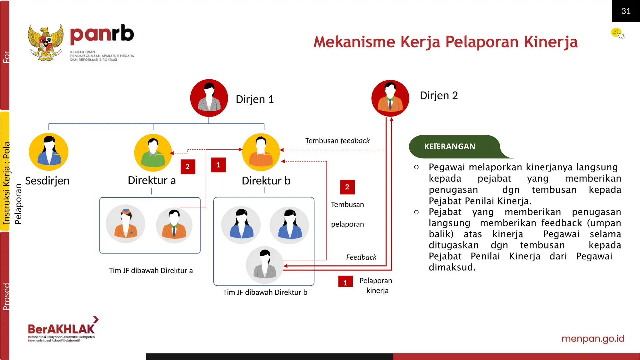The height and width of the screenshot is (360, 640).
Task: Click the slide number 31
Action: click(x=626, y=11)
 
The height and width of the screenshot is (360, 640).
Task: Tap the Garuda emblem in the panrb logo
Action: click(x=46, y=43)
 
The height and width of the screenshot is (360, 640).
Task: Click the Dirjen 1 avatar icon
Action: click(x=209, y=98)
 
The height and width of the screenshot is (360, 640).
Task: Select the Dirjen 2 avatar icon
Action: click(x=390, y=98)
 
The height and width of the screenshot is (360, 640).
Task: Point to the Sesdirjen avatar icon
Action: click(x=49, y=152)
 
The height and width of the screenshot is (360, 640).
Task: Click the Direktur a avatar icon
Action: click(x=153, y=152)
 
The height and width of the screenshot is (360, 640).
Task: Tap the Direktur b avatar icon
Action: click(x=261, y=152)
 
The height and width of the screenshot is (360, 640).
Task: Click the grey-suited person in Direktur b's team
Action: click(x=265, y=265)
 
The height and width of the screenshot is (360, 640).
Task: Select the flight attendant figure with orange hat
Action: click(x=126, y=224)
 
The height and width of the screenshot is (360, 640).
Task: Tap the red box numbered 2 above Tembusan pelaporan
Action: click(x=347, y=187)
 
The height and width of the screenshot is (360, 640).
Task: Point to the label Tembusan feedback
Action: click(x=337, y=141)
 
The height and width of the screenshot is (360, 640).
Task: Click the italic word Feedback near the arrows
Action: click(x=361, y=257)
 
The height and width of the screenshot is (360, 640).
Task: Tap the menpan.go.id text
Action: click(x=592, y=338)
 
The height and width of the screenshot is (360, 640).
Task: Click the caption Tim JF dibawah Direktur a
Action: click(x=151, y=271)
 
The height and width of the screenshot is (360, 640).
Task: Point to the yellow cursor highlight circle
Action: click(x=616, y=32)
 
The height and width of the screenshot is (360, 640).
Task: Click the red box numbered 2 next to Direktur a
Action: click(x=188, y=167)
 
